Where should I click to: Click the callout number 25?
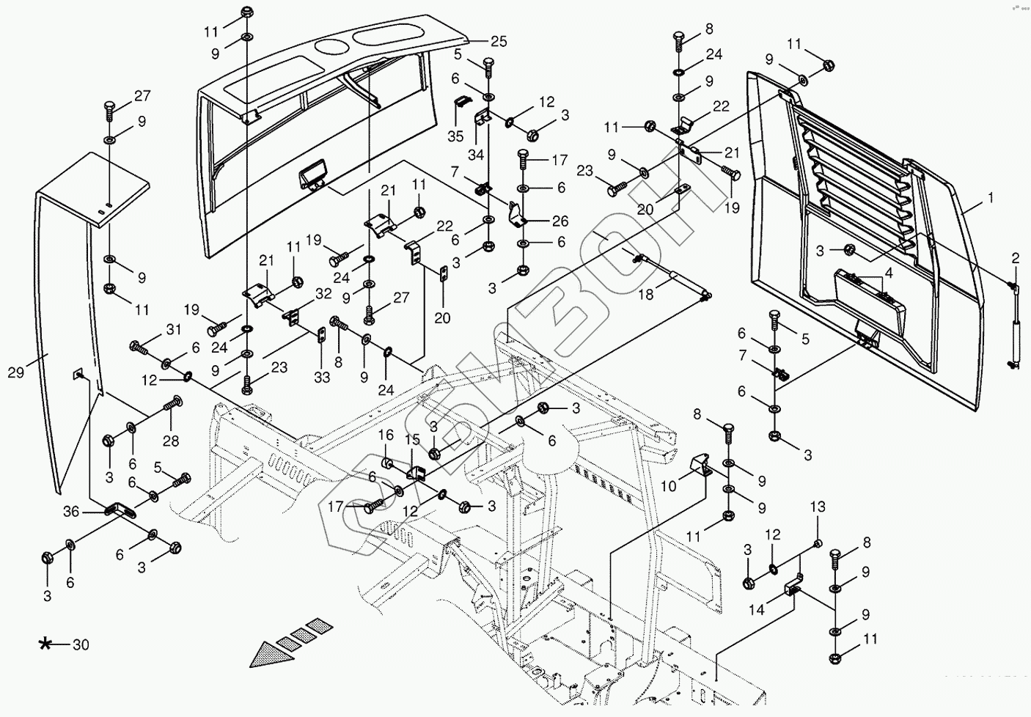(x=499, y=42)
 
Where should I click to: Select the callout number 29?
(x=16, y=372)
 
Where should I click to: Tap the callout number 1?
(x=990, y=199)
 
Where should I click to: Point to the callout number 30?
(x=81, y=645)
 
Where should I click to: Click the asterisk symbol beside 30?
(x=45, y=644)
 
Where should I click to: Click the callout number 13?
(x=818, y=507)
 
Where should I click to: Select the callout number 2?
(x=1016, y=257)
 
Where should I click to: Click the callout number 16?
(x=386, y=437)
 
